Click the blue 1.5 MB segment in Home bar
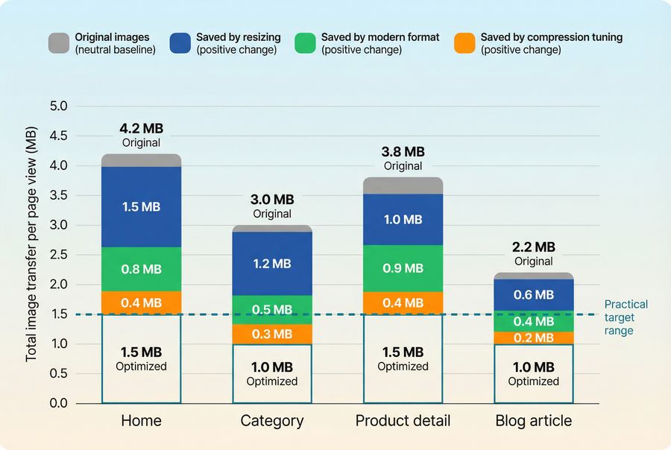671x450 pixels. (x=141, y=206)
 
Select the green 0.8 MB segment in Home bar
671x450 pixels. (x=141, y=269)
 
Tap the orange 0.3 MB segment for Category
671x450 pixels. (x=272, y=334)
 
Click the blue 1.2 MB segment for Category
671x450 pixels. (x=272, y=263)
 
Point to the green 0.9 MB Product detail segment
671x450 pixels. (x=403, y=268)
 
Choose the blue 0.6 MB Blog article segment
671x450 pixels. (x=534, y=294)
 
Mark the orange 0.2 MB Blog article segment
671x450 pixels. (x=534, y=337)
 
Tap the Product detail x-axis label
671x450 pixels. (x=403, y=421)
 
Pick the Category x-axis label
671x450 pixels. (x=272, y=421)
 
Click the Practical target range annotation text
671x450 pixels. (x=626, y=317)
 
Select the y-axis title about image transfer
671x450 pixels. (x=31, y=254)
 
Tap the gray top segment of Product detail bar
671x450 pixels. (x=403, y=186)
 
